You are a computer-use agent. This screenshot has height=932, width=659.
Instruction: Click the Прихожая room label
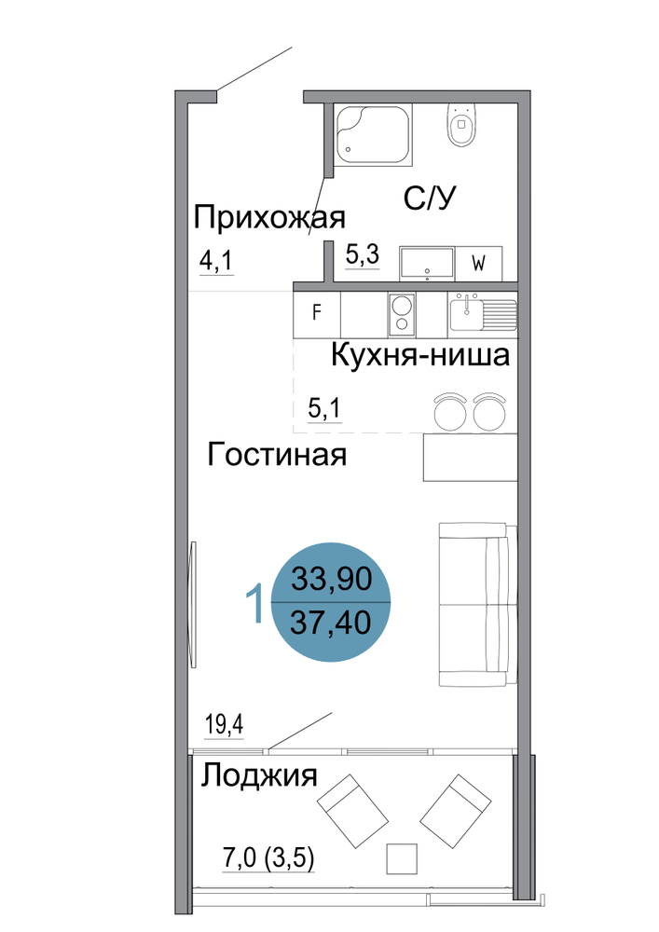pos(269,217)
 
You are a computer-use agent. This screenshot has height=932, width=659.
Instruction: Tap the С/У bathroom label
pos(430,198)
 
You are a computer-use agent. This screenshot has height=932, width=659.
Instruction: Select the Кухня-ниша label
pos(420,355)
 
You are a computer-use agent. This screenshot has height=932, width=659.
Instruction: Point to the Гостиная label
pos(277,455)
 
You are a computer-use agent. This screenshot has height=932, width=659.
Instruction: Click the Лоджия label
pos(258,775)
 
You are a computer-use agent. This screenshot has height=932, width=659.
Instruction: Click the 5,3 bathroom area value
pos(363,255)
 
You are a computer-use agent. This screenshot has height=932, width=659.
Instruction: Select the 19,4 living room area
pos(224,725)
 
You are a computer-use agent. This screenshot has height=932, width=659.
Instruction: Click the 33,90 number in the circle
pos(332,579)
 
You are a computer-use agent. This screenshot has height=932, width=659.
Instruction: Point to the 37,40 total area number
pos(332,623)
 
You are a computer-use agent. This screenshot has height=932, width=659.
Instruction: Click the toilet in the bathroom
pos(461,124)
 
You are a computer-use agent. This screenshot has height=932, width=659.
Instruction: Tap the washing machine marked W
pos(479,264)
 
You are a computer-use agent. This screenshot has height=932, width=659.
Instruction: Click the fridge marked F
pos(317,312)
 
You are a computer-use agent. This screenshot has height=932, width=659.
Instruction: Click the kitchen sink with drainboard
pos(483,312)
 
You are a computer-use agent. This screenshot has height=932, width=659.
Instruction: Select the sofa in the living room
pos(474,604)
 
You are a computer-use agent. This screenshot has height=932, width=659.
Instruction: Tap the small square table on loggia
pos(402,859)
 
